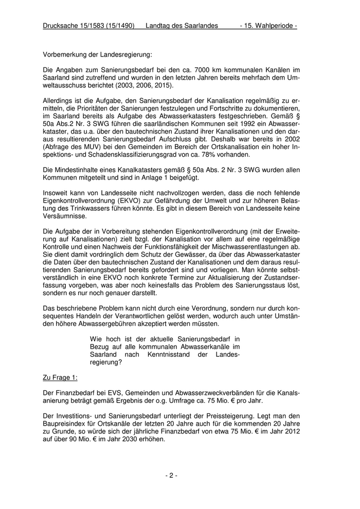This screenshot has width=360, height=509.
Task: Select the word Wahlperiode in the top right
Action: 272,25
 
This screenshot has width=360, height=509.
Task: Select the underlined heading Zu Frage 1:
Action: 60,377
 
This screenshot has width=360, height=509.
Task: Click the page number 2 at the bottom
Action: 171,476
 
